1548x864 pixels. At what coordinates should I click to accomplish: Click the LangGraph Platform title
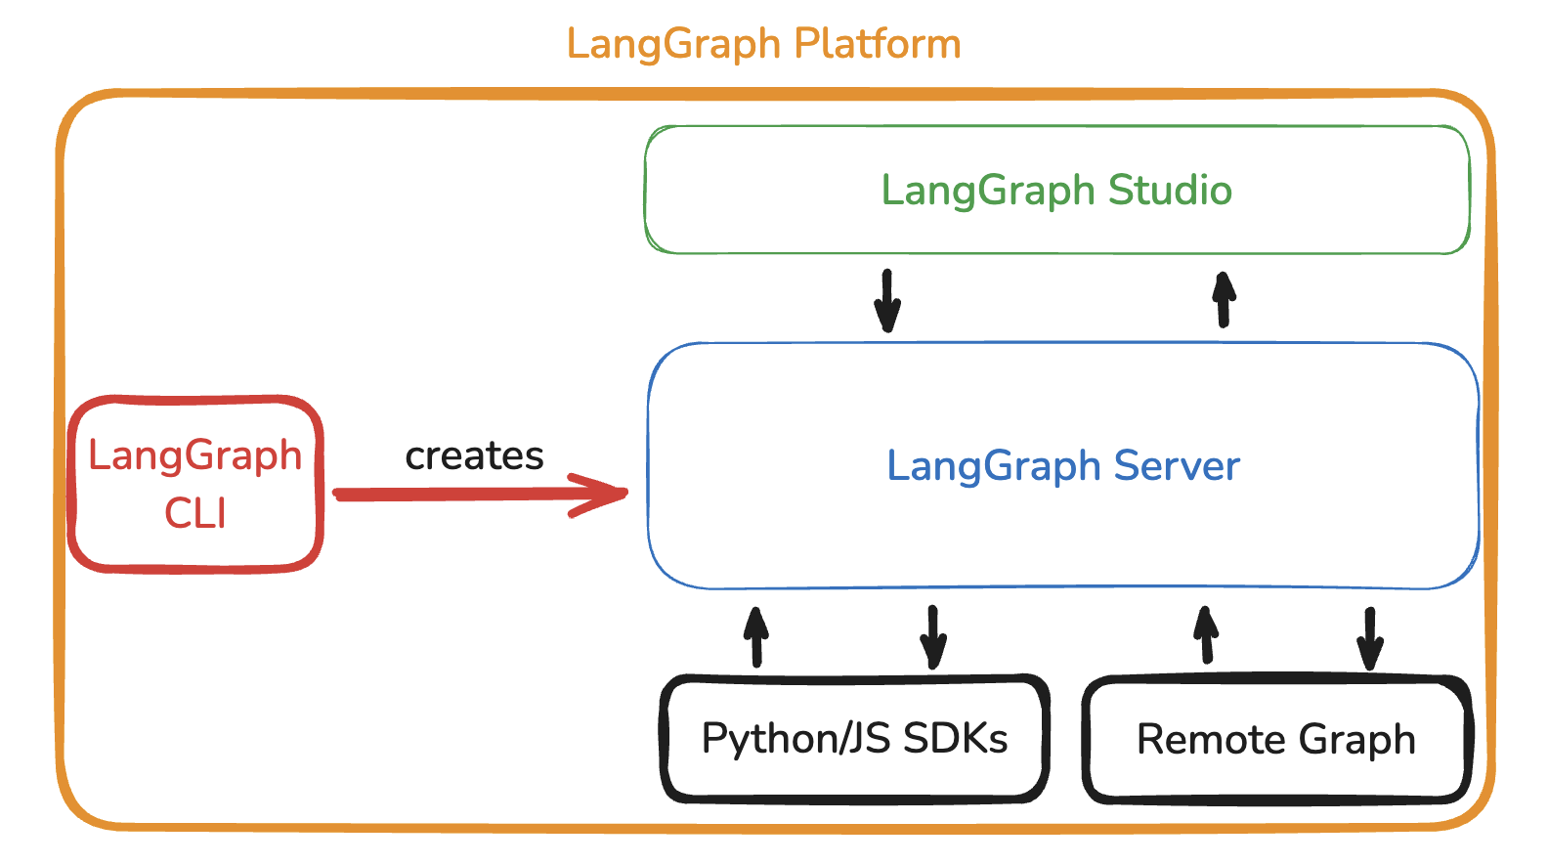(763, 45)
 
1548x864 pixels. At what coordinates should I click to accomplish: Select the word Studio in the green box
(1170, 190)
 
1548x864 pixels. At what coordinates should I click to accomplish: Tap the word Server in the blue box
(1177, 465)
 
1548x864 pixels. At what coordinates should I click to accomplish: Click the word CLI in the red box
(194, 513)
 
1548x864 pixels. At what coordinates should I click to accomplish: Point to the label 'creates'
(474, 455)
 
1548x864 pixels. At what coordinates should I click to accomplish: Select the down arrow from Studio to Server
(886, 301)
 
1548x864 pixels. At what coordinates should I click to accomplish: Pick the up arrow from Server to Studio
(1224, 298)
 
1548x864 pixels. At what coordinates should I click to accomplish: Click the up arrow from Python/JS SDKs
(755, 636)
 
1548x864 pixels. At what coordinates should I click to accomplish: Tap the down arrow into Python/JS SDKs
(933, 637)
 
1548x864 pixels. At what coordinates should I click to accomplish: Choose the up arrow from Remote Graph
(1206, 635)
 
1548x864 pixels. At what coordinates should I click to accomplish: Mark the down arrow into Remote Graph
(1369, 638)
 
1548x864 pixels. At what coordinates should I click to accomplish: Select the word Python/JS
(795, 738)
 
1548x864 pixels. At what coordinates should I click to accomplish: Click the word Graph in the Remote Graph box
(1356, 740)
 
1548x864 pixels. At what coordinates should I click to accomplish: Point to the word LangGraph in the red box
(194, 455)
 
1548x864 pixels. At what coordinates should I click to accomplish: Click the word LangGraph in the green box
(988, 191)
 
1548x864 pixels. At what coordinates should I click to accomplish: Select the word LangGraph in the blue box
(993, 466)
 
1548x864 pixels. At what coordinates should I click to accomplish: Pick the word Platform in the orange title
(877, 45)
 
